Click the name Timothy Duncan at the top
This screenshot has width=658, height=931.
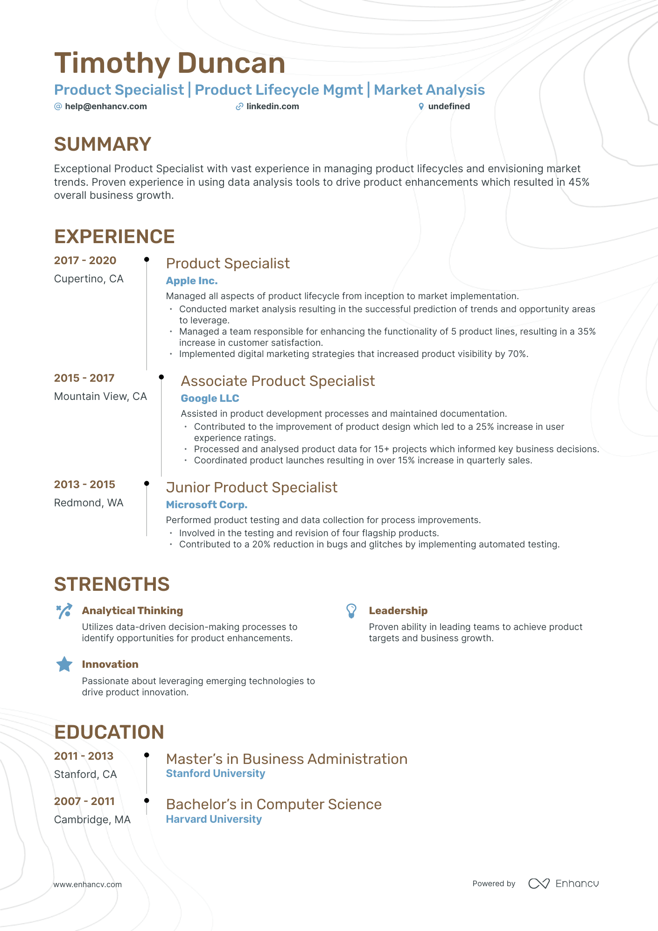(169, 63)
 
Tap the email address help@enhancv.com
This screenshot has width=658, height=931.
(106, 106)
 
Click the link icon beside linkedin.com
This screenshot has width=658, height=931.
(239, 106)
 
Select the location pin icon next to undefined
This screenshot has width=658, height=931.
(421, 106)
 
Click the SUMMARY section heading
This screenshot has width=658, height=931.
(103, 144)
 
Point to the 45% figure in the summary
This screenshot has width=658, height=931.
(579, 182)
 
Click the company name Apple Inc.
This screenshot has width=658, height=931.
(192, 281)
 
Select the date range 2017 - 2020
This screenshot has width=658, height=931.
(85, 260)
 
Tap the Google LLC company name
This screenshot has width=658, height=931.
(210, 399)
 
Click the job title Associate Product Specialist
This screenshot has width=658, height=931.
(278, 381)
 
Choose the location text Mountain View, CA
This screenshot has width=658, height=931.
(100, 396)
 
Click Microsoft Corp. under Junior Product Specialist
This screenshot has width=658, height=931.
(207, 505)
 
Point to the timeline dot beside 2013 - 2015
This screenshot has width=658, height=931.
(147, 483)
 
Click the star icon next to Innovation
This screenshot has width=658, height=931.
(64, 664)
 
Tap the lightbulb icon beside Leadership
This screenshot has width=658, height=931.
(351, 610)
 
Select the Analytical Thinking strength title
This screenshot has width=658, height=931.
(133, 610)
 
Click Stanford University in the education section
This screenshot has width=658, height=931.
(216, 773)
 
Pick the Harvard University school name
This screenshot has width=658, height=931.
(214, 819)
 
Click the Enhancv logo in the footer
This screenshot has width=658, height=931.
(564, 883)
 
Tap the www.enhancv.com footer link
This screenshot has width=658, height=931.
(87, 884)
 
